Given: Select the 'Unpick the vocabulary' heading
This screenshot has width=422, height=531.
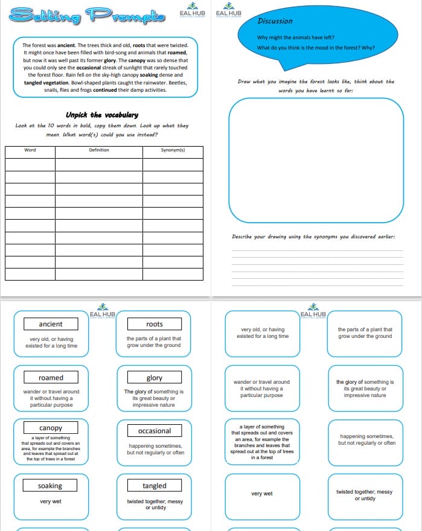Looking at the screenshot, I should click(x=102, y=115).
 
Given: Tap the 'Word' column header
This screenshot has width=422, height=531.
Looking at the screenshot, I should click(x=30, y=150).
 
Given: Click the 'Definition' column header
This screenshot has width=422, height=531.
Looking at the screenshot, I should click(x=99, y=150).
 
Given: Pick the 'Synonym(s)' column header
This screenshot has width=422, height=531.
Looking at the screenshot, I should click(x=173, y=150).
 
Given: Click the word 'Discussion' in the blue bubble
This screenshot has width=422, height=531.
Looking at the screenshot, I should click(x=275, y=21).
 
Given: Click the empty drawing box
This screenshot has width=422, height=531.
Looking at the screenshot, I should click(x=316, y=161).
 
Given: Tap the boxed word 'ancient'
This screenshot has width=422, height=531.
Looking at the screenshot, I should click(x=51, y=324).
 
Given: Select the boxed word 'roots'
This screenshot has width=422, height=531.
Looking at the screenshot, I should click(x=155, y=325).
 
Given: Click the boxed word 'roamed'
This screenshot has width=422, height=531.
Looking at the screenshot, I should click(x=51, y=378).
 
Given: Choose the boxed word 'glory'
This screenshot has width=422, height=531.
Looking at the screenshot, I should click(x=155, y=378).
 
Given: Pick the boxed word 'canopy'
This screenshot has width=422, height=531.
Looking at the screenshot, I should click(x=51, y=428).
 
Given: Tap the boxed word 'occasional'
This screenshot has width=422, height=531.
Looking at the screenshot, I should click(x=155, y=431).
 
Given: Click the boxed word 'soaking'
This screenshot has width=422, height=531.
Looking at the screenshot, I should click(x=50, y=486).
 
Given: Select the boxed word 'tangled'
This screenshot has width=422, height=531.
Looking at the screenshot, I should click(x=155, y=486).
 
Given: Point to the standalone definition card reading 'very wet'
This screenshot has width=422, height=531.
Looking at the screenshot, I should click(x=261, y=494).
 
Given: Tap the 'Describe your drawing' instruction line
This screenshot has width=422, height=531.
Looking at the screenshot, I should click(x=313, y=237).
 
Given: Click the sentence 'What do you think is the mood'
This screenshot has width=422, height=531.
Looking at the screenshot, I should click(x=316, y=48).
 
